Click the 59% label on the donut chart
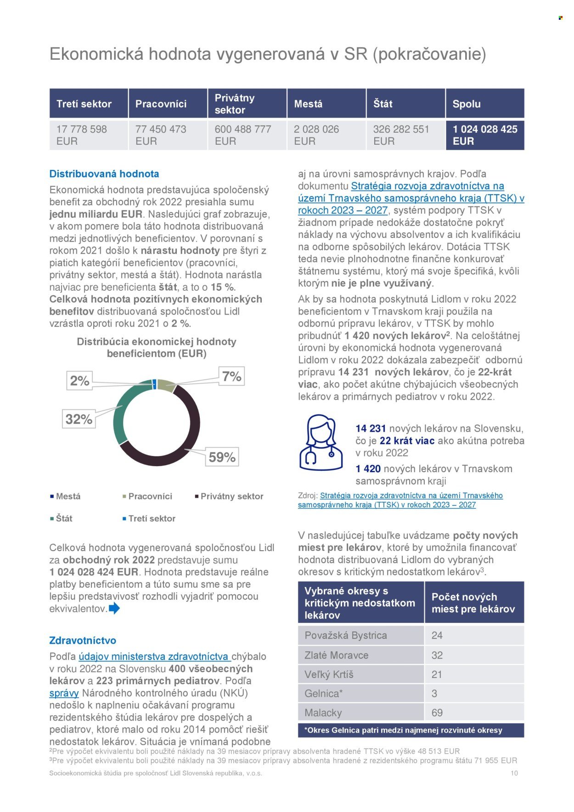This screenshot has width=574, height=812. [x=222, y=457]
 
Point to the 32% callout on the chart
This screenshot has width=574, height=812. [x=79, y=419]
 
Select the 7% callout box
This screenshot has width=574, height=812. [x=231, y=377]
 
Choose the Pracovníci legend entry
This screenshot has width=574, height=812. [x=150, y=496]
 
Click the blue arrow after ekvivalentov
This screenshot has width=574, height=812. [x=114, y=609]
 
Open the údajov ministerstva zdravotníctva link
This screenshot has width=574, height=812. [x=154, y=656]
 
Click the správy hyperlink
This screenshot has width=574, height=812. [x=64, y=693]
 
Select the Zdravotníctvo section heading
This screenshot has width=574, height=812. [x=83, y=640]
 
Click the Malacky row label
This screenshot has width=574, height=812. [x=323, y=713]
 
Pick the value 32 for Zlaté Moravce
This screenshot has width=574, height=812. [x=437, y=655]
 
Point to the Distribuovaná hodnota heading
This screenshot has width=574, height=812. [x=104, y=174]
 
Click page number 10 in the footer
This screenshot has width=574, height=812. [x=514, y=773]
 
